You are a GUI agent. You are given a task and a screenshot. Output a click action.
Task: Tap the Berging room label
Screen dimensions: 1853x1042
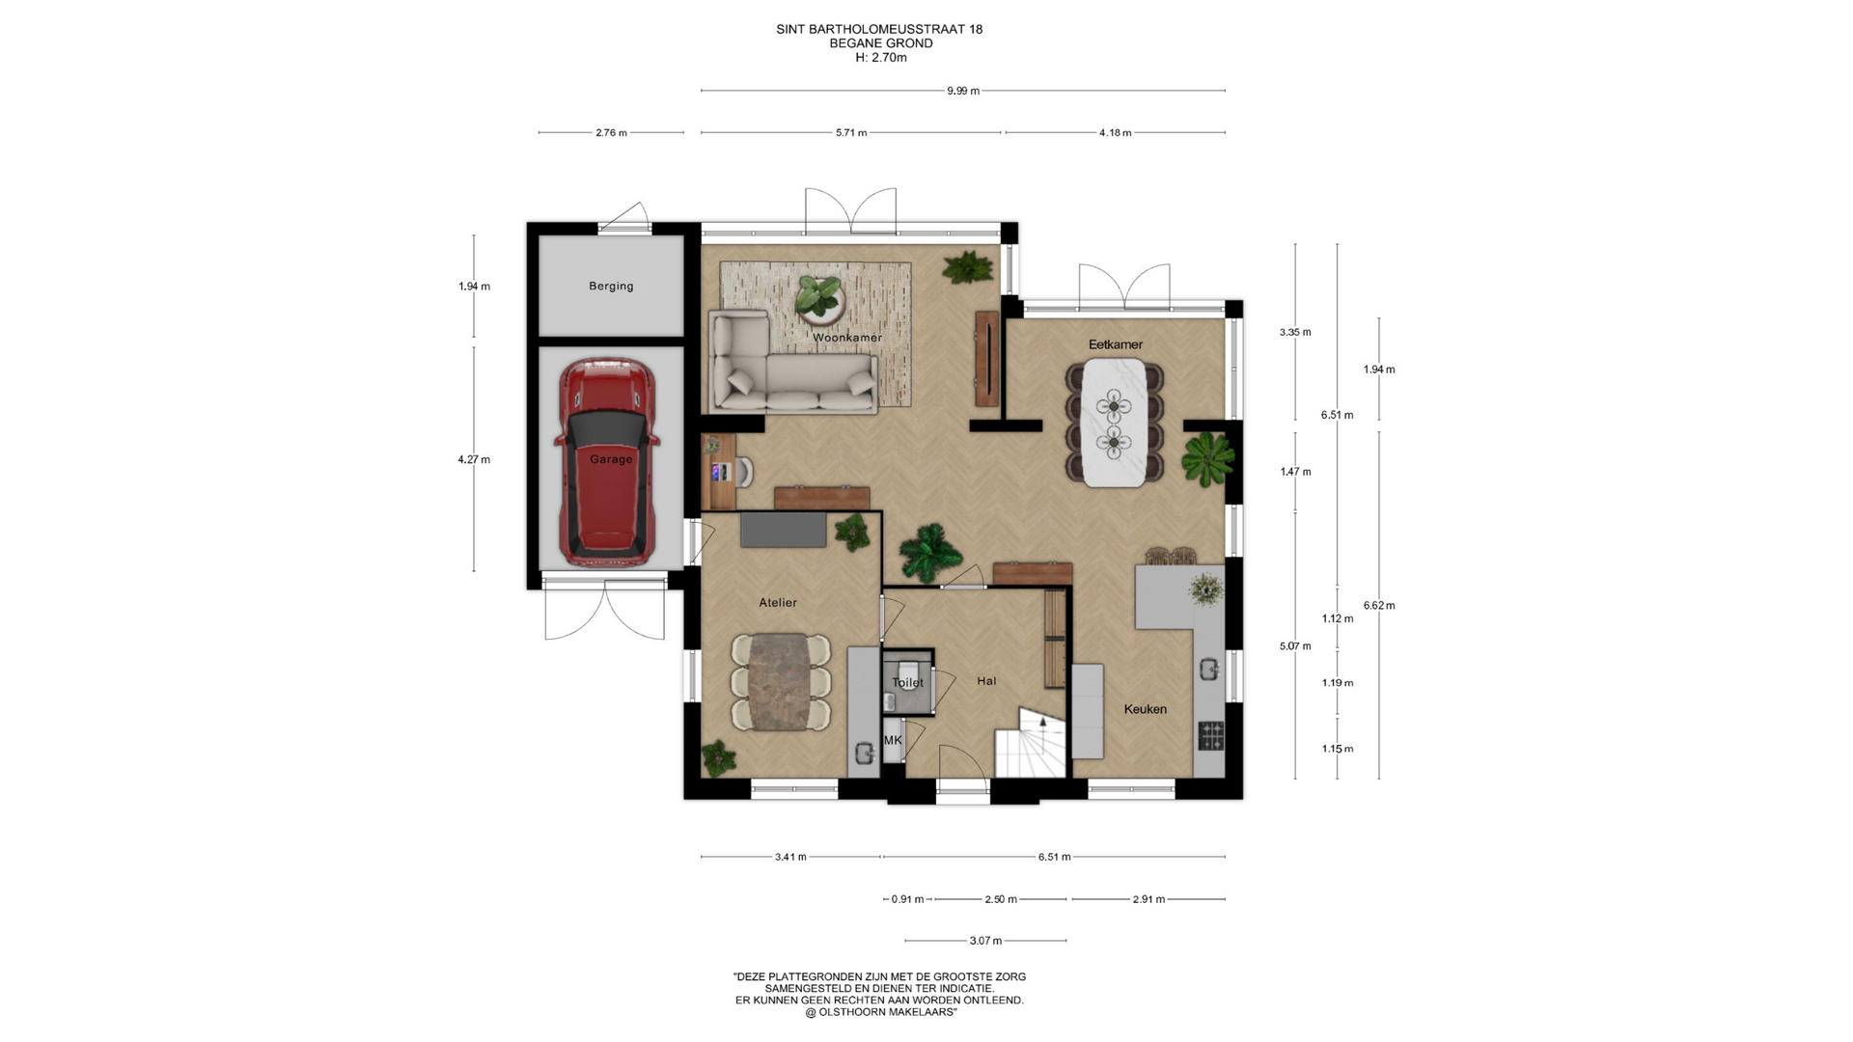(611, 287)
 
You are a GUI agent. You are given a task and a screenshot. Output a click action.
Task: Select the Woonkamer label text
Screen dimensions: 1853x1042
(847, 338)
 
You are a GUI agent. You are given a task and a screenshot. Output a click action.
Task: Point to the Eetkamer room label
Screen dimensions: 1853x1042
(1116, 344)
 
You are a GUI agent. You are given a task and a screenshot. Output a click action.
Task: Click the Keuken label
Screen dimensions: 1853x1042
(1146, 709)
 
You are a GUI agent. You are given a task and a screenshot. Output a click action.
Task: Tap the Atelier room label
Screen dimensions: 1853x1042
(778, 603)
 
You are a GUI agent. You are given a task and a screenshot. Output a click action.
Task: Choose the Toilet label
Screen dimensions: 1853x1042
(908, 682)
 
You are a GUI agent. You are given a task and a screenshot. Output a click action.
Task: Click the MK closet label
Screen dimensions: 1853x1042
(893, 740)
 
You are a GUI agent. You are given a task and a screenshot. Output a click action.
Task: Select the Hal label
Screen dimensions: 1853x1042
(986, 681)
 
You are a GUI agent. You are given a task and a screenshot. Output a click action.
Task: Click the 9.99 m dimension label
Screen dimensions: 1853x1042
(963, 91)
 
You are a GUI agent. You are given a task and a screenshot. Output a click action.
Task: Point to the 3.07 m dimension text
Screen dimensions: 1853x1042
(985, 941)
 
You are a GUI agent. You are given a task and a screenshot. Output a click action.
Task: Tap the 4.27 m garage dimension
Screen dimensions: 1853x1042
(474, 459)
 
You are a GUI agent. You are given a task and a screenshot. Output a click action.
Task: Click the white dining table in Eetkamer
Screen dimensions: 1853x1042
(1114, 424)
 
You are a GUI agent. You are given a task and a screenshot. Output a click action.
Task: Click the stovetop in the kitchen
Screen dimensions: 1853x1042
(1211, 735)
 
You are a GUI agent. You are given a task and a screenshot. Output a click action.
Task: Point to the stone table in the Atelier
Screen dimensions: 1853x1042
(780, 681)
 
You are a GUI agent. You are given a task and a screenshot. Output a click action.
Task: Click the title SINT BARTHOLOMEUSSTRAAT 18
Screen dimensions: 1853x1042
(879, 29)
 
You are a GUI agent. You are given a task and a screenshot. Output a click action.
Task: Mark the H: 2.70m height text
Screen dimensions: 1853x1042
(880, 58)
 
